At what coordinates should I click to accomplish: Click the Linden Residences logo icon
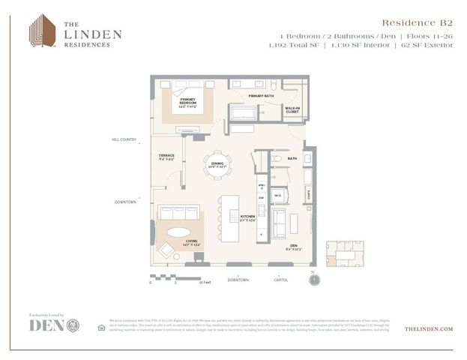(42, 31)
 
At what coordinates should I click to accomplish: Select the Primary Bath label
(262, 96)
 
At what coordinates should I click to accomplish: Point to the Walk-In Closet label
(293, 110)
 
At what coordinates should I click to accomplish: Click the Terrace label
(166, 157)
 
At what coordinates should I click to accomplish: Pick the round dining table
(218, 164)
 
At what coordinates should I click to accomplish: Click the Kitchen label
(247, 218)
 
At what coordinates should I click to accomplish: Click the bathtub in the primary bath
(242, 113)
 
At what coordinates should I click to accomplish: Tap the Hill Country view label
(124, 139)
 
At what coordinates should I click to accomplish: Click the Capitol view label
(282, 280)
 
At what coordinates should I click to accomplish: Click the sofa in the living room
(178, 212)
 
